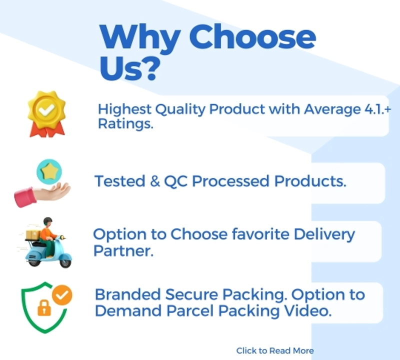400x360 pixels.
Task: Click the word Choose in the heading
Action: tap(252, 36)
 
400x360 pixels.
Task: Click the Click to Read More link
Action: tap(275, 351)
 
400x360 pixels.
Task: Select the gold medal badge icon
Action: tap(47, 114)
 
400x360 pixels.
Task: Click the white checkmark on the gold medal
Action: tap(46, 110)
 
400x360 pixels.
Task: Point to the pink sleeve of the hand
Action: tap(25, 197)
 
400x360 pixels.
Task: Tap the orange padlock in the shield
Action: tap(44, 308)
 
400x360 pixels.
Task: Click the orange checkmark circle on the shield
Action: tap(62, 295)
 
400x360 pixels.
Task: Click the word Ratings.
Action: tap(125, 124)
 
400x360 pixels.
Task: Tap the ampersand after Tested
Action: tap(154, 181)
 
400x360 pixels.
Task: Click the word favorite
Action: tap(260, 234)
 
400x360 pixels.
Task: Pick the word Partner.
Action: tap(123, 251)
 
